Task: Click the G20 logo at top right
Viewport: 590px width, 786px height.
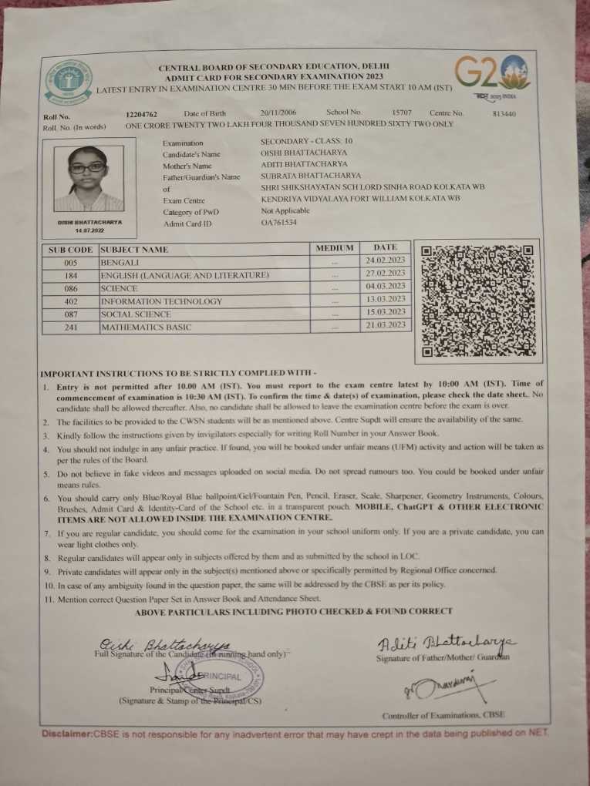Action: (490, 76)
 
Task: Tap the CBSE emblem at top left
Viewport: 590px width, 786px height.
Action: (68, 82)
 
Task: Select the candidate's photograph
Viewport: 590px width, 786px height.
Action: (88, 178)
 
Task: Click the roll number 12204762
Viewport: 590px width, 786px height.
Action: (142, 113)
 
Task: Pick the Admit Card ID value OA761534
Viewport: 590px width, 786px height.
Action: (278, 223)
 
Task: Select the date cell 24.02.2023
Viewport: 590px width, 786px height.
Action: (385, 260)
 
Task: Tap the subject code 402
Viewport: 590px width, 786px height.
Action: (70, 301)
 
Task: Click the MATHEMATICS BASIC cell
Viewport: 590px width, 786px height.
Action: (147, 327)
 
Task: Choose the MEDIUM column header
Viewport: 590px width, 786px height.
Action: (335, 248)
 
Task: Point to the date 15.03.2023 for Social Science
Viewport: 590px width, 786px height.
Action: (385, 311)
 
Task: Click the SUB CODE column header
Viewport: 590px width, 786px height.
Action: (70, 250)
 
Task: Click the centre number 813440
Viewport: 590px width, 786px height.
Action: (504, 113)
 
